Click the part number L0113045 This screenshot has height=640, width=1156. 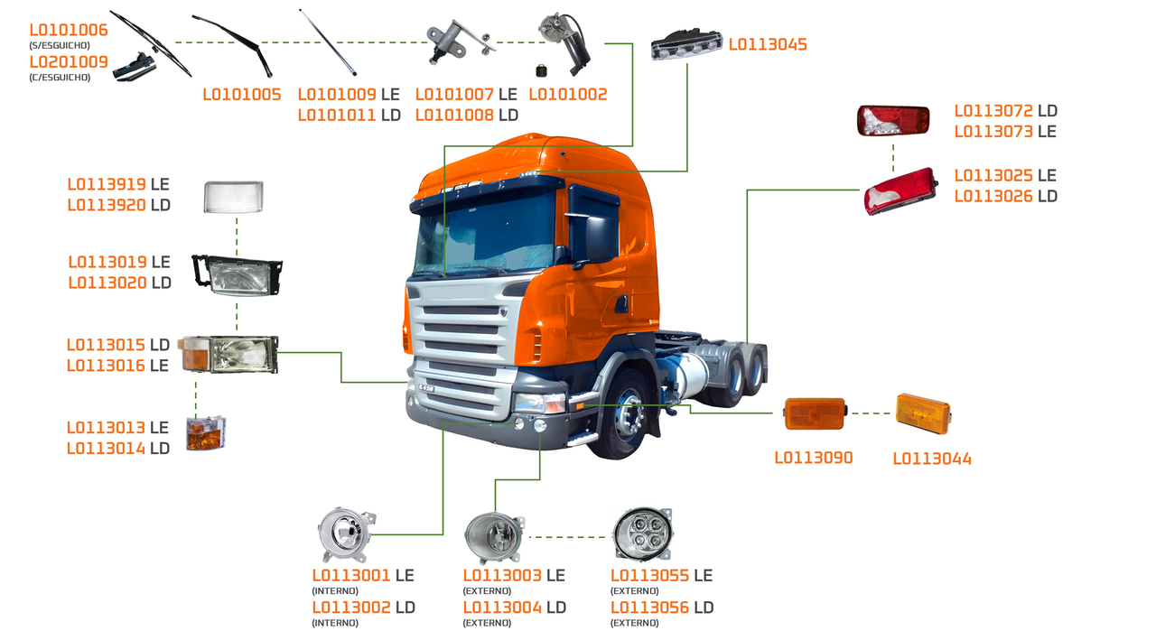(x=768, y=44)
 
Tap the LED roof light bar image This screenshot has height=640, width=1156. (x=687, y=44)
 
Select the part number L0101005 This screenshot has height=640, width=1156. (x=241, y=95)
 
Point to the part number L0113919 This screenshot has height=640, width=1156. (x=107, y=184)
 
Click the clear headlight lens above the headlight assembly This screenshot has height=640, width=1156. (x=233, y=197)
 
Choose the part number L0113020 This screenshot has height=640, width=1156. (x=107, y=283)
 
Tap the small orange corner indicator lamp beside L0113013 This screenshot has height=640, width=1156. (x=206, y=433)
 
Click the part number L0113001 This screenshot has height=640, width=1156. (x=351, y=576)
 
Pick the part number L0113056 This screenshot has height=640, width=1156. (x=649, y=608)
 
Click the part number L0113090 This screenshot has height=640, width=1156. (x=813, y=458)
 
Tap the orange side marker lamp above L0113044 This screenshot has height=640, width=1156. (x=922, y=413)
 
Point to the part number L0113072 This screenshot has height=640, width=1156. (x=993, y=111)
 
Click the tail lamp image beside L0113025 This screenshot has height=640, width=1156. (x=900, y=190)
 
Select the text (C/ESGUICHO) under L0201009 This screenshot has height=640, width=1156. (x=60, y=78)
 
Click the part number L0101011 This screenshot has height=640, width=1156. (x=336, y=115)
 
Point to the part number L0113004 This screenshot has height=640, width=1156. (x=502, y=608)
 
